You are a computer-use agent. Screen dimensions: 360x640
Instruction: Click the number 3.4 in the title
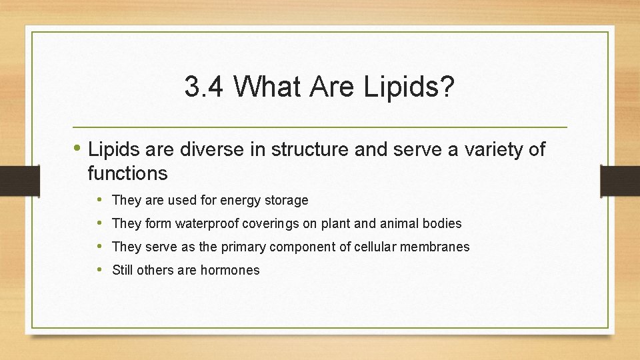click(x=204, y=87)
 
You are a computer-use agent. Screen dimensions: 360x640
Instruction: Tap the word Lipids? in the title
click(x=407, y=87)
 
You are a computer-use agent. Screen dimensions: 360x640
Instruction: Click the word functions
click(x=127, y=174)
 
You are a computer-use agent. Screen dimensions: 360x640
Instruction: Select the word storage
click(x=285, y=200)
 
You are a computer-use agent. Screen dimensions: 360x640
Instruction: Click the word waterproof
click(x=207, y=223)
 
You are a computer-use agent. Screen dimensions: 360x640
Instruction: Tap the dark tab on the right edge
click(x=620, y=181)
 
